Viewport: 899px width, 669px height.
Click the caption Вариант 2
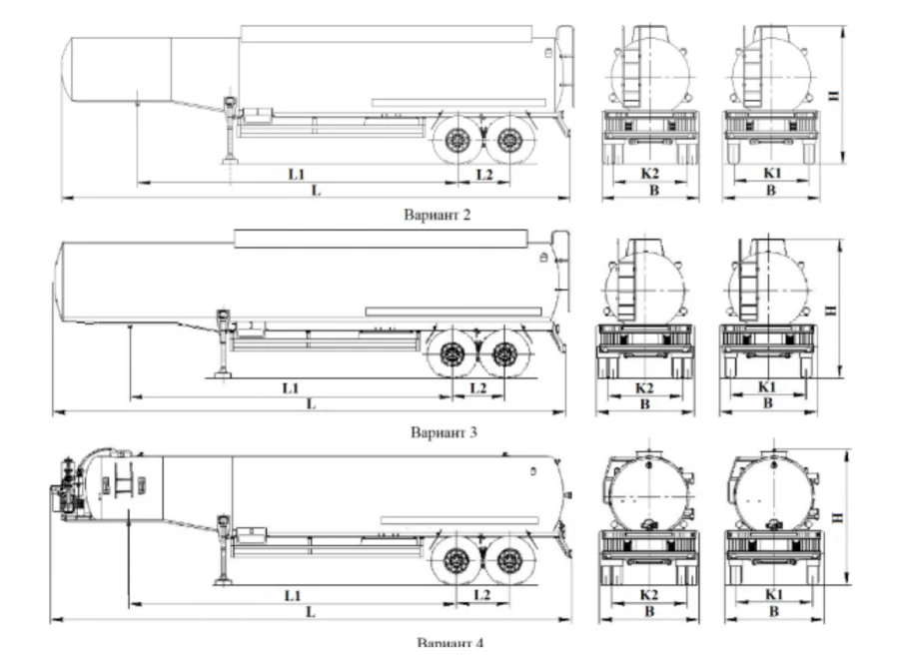[x=438, y=213]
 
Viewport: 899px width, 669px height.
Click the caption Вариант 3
[x=444, y=432]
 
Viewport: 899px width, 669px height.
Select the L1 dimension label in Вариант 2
[x=296, y=174]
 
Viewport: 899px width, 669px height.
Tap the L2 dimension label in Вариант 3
[x=479, y=386]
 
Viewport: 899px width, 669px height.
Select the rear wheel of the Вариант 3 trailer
[x=503, y=354]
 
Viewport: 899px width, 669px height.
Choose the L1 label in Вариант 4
[x=293, y=595]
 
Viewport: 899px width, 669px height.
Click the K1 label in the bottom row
[x=770, y=595]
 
